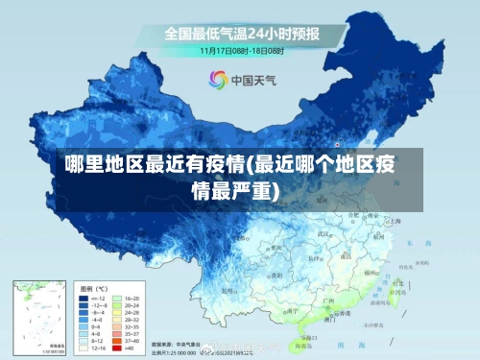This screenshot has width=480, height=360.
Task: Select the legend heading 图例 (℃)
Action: click(x=94, y=288)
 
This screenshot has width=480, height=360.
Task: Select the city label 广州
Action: click(x=327, y=300)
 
